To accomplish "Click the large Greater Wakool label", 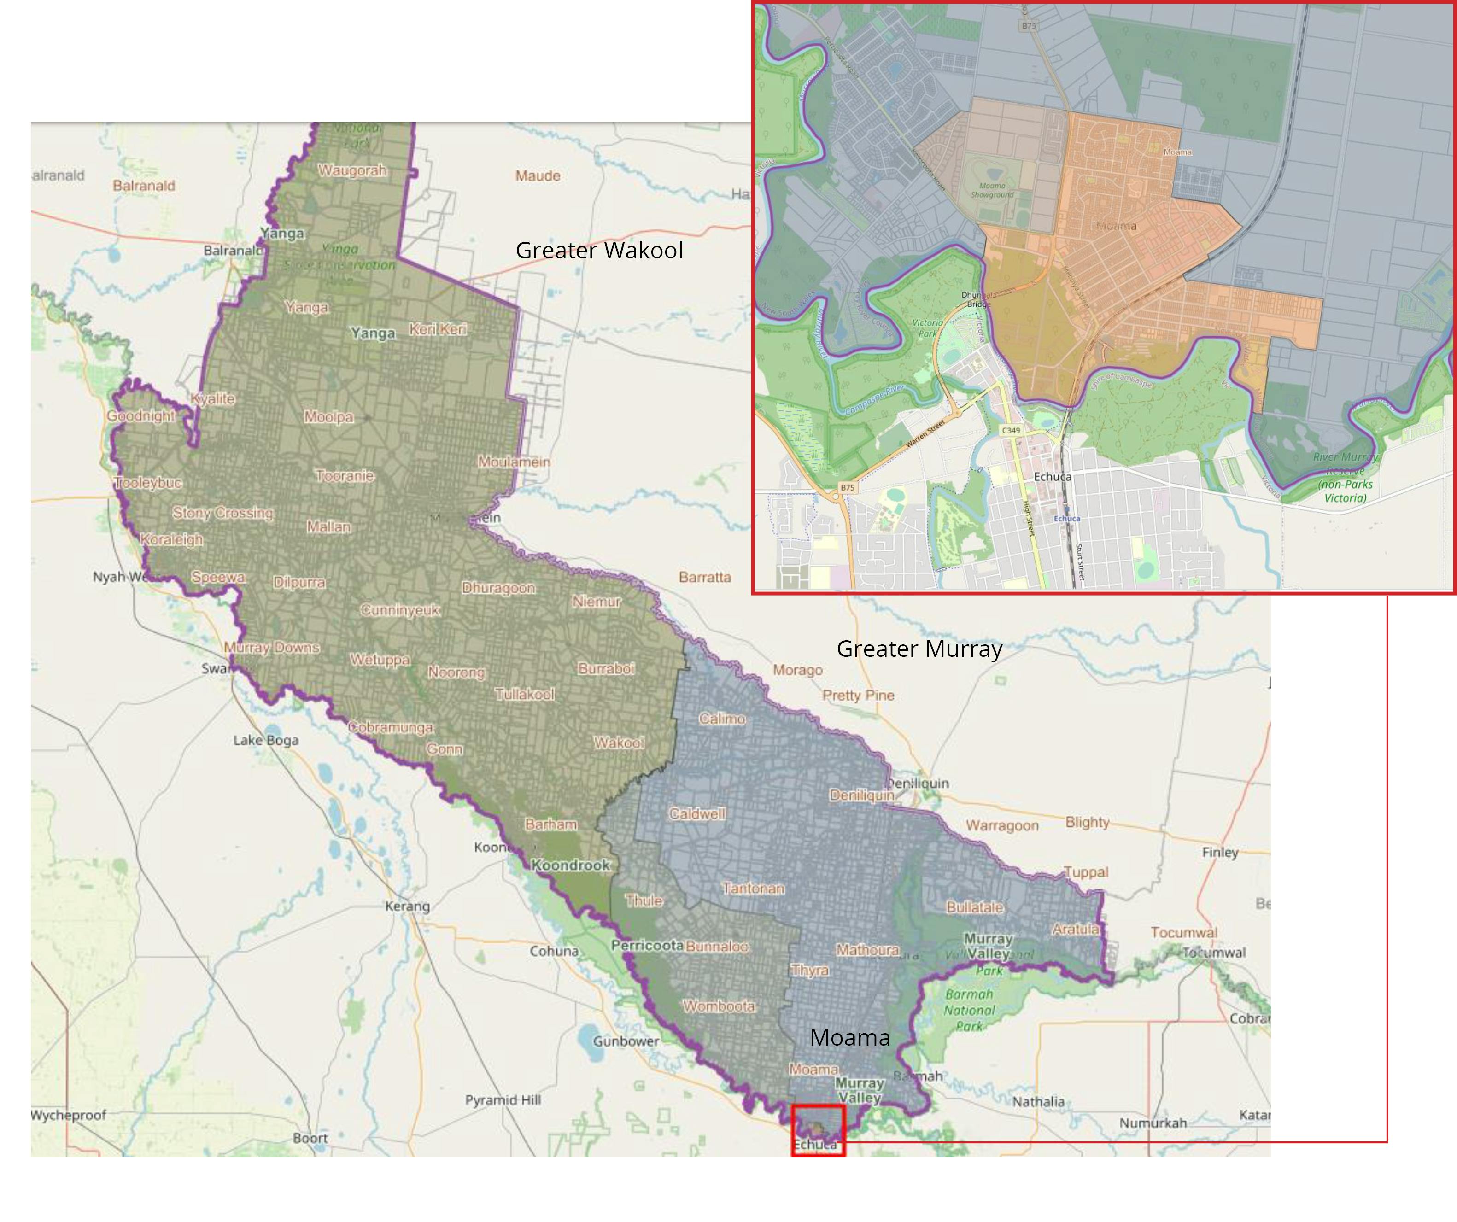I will (599, 251).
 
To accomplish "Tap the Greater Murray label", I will (919, 649).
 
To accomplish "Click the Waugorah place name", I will (352, 171).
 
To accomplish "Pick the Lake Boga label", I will (266, 740).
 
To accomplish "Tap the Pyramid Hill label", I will (503, 1100).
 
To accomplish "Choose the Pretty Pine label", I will (858, 696).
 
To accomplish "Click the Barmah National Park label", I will (969, 1011).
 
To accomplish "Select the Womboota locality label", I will (719, 1006).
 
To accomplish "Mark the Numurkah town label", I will (1153, 1123).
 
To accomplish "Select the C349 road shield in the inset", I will (1011, 430).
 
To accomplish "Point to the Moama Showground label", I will (992, 190).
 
